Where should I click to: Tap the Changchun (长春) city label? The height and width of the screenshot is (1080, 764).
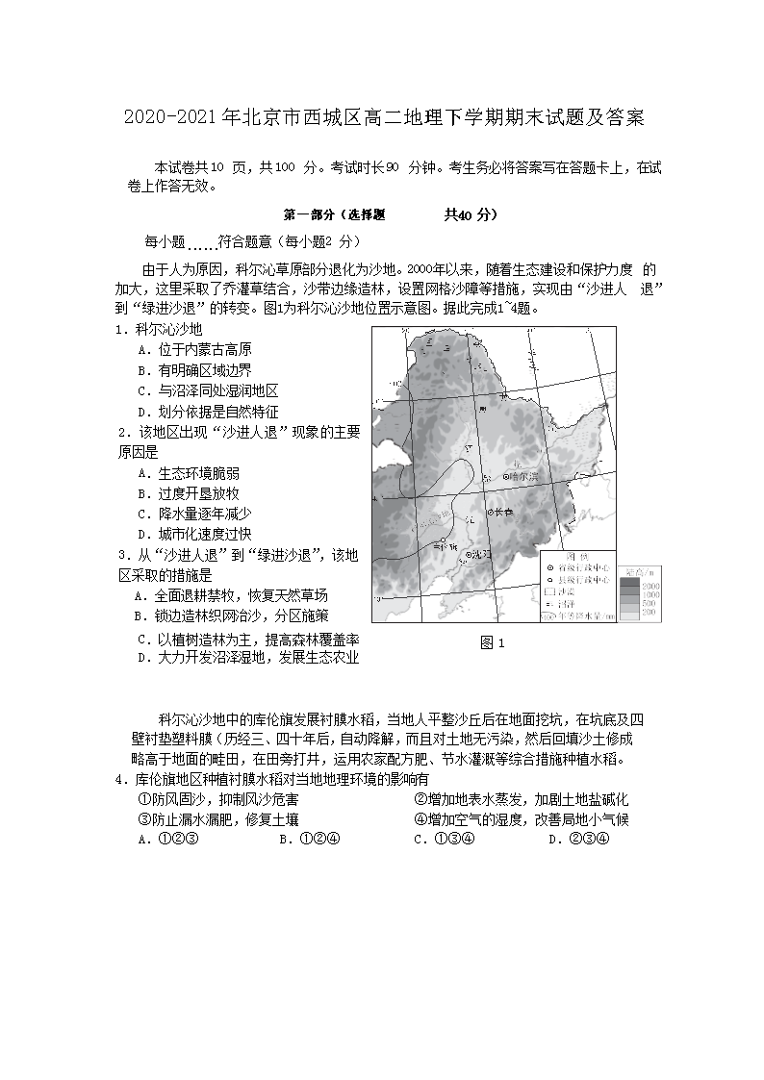tap(505, 513)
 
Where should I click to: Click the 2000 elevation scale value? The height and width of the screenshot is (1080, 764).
tap(650, 585)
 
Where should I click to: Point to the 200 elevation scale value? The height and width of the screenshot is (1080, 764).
tap(649, 612)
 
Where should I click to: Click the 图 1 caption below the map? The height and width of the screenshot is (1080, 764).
tap(492, 643)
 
